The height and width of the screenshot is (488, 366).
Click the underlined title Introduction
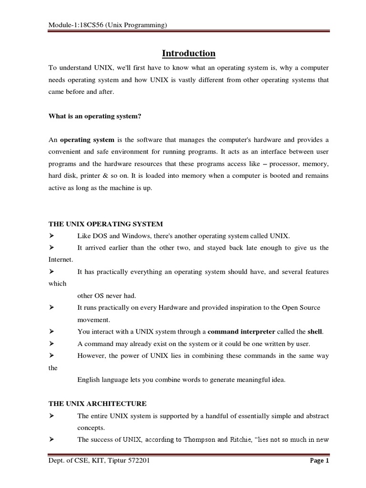[x=189, y=53]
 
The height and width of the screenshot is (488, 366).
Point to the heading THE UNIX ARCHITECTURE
[x=98, y=404]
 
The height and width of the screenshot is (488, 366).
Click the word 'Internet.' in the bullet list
[x=61, y=260]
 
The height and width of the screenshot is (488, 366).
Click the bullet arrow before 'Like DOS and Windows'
[x=51, y=236]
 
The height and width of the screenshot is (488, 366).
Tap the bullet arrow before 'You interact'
[x=51, y=332]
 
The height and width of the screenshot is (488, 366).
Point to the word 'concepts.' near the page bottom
[x=91, y=428]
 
